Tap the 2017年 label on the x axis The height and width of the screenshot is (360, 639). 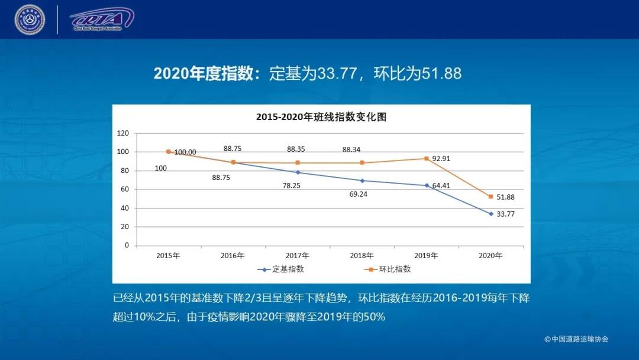[x=297, y=256]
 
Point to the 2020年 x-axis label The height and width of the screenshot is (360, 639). [x=490, y=256]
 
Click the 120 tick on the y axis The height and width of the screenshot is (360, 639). [x=123, y=133]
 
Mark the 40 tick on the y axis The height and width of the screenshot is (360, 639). [x=125, y=208]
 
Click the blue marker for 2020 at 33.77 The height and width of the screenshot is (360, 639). [x=491, y=214]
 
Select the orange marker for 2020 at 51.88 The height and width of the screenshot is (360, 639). [x=491, y=197]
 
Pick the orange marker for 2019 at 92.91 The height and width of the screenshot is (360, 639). [x=426, y=159]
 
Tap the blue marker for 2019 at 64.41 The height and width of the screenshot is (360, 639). [x=426, y=185]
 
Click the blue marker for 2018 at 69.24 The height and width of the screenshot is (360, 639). [x=362, y=181]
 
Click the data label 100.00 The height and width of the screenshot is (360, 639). [x=185, y=152]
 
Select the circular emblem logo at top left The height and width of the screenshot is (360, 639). [x=30, y=20]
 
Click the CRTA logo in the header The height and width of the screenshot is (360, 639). [x=101, y=19]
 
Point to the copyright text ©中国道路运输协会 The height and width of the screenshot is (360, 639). [x=576, y=339]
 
